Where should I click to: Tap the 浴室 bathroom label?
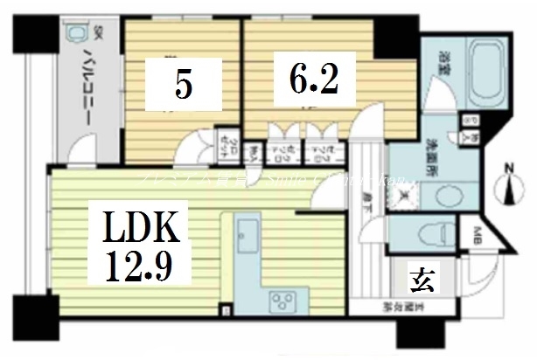click(443, 63)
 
